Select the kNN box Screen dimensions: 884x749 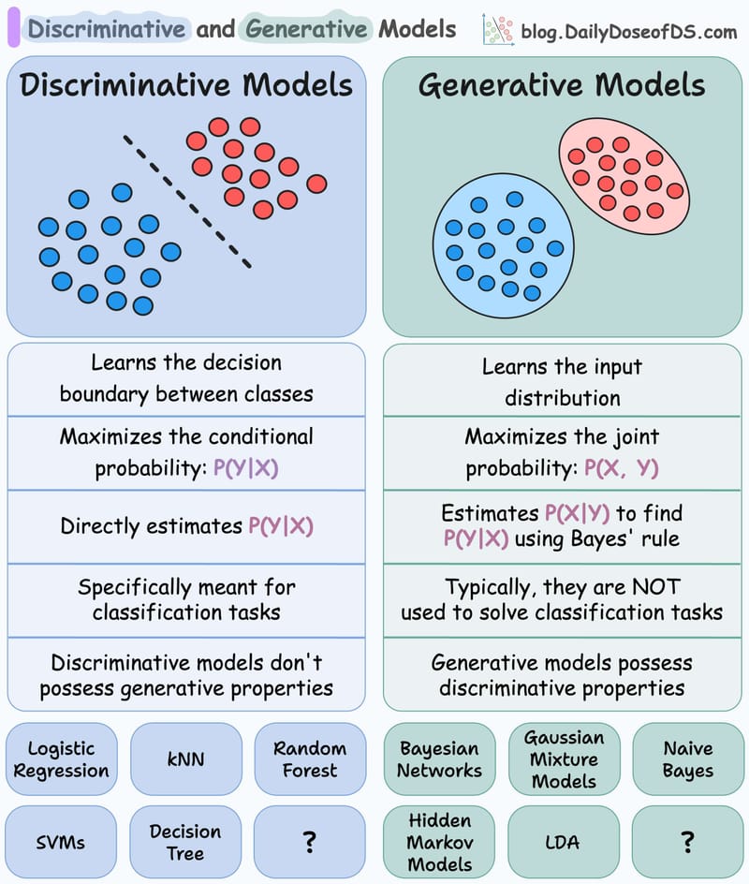[x=185, y=759]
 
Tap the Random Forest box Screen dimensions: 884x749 [x=310, y=759]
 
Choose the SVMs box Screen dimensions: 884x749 [x=61, y=842]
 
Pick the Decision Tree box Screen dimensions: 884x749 [x=185, y=842]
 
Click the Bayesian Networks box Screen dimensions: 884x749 [x=439, y=759]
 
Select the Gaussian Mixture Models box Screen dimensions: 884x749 [x=564, y=759]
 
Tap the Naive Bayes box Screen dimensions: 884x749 [x=687, y=759]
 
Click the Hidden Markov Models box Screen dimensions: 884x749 [x=439, y=842]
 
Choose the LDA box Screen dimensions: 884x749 [x=563, y=842]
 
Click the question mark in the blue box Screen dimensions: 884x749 [x=310, y=842]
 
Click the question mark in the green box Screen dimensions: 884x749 [x=687, y=842]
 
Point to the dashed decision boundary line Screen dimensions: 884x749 [x=187, y=200]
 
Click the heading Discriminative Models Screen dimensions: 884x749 [x=186, y=85]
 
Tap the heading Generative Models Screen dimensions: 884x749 [x=562, y=85]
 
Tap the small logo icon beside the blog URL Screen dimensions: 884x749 [x=496, y=29]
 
